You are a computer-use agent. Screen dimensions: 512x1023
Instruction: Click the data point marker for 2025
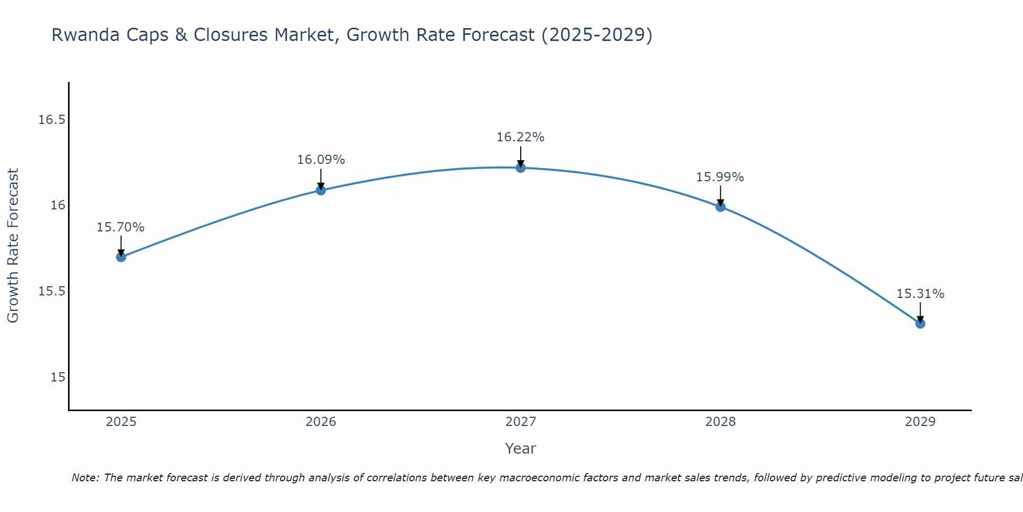coord(121,257)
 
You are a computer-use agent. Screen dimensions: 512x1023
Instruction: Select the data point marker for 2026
coord(321,190)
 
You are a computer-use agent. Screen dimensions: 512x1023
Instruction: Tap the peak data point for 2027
coord(521,168)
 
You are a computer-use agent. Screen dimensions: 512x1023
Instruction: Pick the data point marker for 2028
coord(720,207)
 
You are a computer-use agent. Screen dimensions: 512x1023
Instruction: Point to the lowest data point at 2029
coord(920,324)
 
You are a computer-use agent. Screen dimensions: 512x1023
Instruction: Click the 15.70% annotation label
coord(121,227)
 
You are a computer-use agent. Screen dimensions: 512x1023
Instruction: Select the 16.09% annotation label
coord(321,160)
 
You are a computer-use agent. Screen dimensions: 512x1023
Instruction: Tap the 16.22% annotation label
coord(521,137)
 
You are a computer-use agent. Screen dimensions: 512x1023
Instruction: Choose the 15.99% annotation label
coord(720,177)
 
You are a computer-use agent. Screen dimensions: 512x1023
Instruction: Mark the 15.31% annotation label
coord(920,294)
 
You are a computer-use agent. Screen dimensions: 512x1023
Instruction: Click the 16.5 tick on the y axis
coord(52,120)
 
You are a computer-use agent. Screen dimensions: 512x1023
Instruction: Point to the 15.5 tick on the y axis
coord(52,291)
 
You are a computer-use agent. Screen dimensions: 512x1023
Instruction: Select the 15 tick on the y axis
coord(58,377)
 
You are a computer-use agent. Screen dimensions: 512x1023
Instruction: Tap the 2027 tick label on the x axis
coord(521,422)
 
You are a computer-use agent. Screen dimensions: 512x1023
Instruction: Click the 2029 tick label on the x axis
coord(920,422)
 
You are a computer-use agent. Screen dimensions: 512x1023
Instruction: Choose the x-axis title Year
coord(521,449)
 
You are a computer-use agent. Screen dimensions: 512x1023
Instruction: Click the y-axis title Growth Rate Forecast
coord(13,246)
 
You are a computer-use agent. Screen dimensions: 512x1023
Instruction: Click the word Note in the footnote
coord(85,478)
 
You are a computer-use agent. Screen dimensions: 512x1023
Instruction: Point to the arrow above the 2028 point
coord(720,195)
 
